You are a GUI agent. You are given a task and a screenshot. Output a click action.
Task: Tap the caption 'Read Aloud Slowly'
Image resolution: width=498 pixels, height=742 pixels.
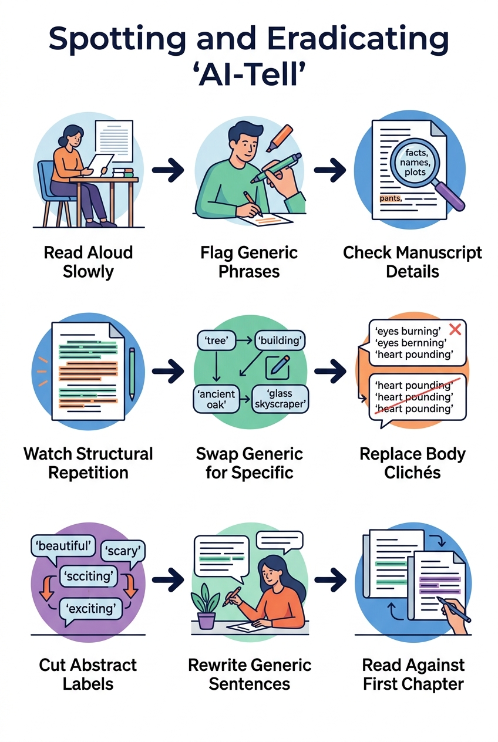(88, 262)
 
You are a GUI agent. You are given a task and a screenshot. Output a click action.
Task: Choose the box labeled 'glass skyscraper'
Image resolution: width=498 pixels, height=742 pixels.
(280, 399)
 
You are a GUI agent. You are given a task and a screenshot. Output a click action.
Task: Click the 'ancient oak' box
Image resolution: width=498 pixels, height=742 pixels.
(216, 399)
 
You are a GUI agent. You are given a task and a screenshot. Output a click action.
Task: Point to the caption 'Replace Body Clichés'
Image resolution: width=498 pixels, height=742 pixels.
(412, 463)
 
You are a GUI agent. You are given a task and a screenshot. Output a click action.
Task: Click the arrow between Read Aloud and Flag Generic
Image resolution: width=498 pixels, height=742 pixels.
(169, 170)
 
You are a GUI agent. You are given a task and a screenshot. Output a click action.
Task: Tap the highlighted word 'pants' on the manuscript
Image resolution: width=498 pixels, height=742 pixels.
(389, 198)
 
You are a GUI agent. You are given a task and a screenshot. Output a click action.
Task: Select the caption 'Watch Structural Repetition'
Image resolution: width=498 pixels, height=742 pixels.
(88, 463)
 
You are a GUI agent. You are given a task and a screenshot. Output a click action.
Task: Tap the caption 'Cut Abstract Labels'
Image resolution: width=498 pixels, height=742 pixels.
(88, 674)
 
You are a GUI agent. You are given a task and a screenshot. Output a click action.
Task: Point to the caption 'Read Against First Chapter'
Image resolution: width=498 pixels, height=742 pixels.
(413, 674)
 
